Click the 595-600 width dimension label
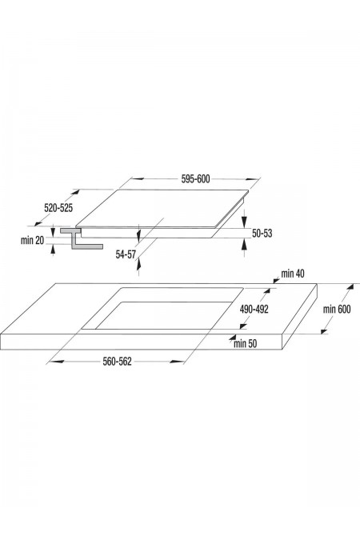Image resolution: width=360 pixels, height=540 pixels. (195, 179)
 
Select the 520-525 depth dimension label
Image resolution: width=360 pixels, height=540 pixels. (58, 208)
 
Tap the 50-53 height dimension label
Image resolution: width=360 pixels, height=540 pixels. (262, 234)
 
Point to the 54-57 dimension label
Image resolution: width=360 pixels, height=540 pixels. (126, 254)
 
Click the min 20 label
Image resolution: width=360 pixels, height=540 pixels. (32, 240)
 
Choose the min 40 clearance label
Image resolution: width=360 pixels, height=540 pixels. (293, 274)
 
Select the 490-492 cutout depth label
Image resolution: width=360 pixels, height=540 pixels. (254, 310)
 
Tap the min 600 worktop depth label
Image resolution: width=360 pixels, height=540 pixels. (337, 310)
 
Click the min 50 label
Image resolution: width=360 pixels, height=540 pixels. (246, 343)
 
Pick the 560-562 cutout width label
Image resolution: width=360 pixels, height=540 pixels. (117, 362)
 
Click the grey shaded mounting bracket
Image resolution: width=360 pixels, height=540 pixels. (82, 238)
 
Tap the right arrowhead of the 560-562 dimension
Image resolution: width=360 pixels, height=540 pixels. (178, 362)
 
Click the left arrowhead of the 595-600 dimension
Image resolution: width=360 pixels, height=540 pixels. (137, 178)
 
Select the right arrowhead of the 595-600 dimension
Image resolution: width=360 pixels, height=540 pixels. (252, 178)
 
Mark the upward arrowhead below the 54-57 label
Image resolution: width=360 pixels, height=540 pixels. (138, 265)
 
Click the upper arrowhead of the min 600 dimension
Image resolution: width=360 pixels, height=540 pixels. (350, 288)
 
